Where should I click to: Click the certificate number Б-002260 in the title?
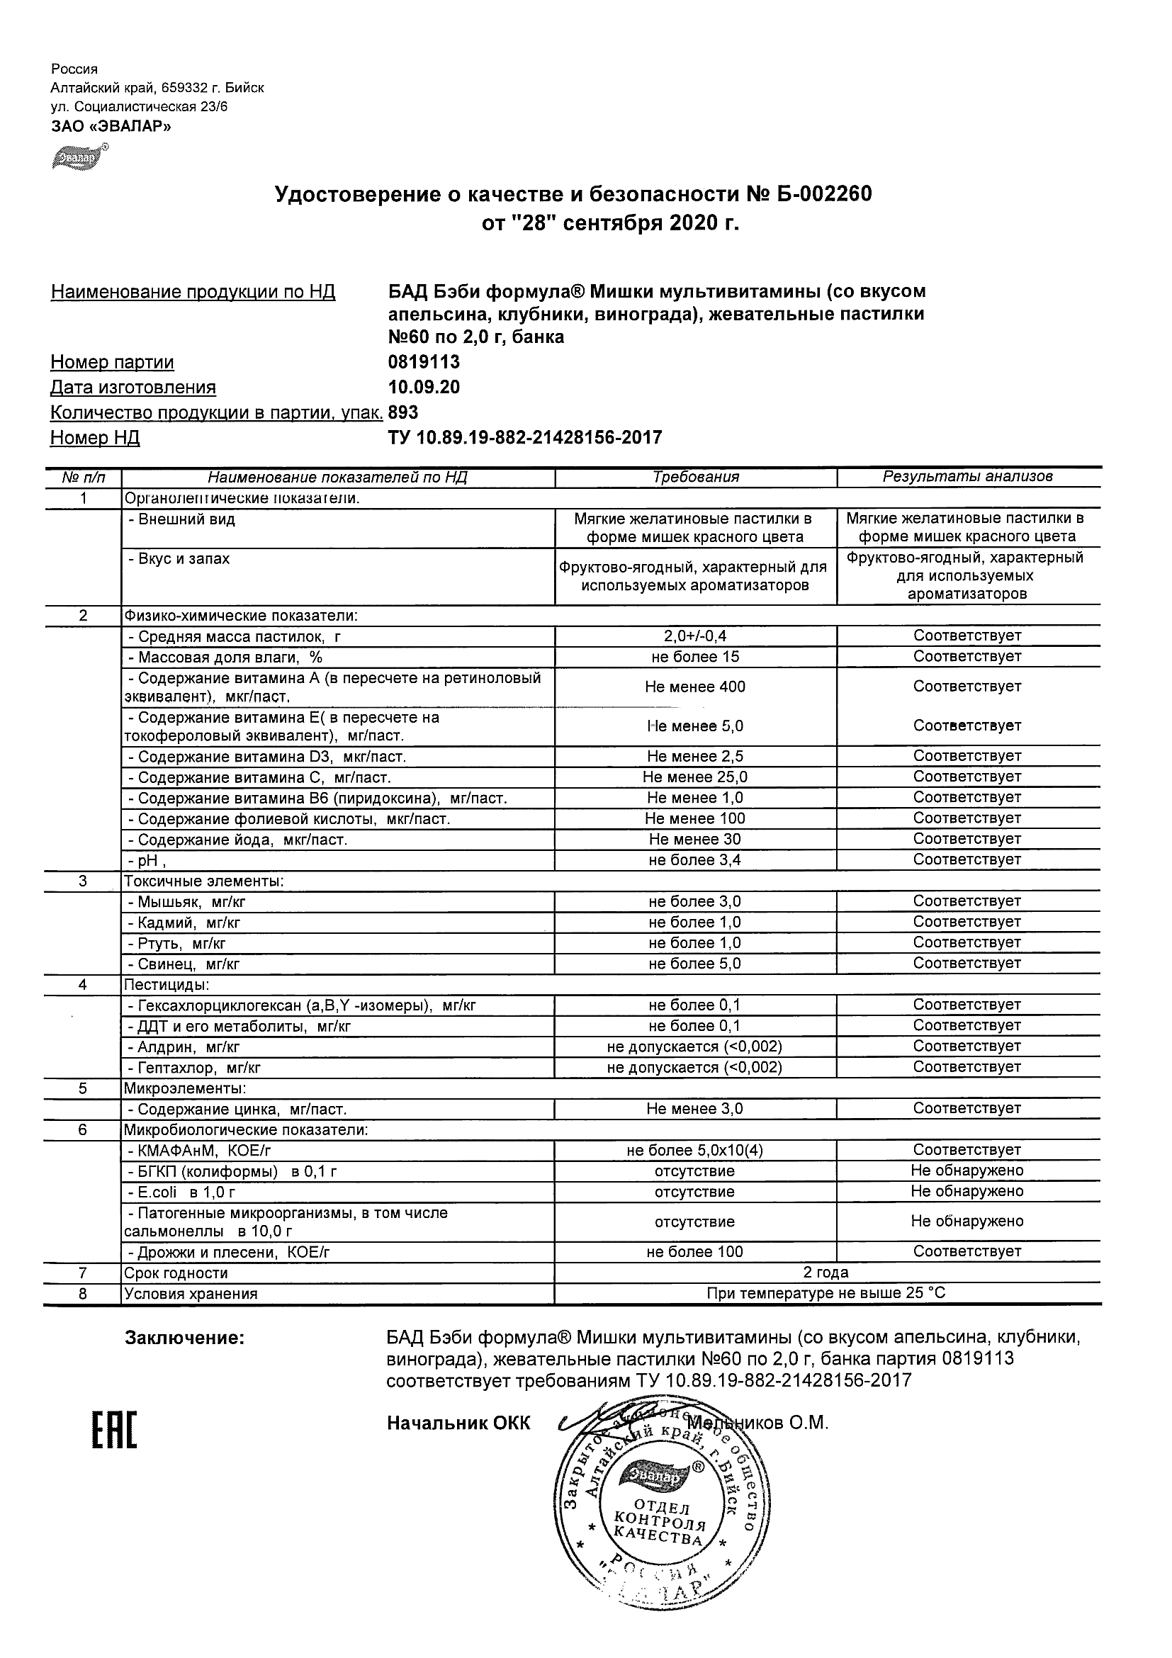tap(819, 194)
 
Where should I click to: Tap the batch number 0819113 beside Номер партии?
tap(424, 362)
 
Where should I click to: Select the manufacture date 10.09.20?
tap(424, 387)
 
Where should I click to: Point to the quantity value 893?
tap(403, 412)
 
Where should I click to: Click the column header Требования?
tap(695, 477)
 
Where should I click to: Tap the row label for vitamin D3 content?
tap(266, 757)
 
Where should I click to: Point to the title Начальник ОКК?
tap(458, 1423)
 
